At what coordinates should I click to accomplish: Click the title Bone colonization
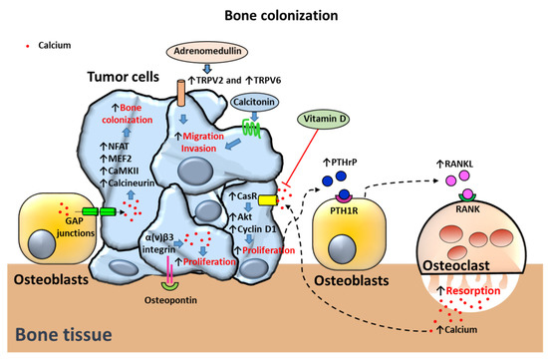272,16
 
